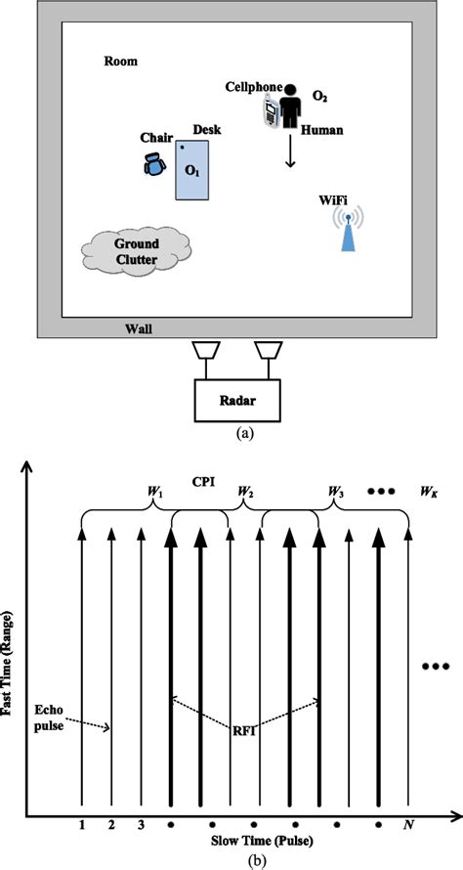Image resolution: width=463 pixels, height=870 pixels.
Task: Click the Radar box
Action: pyautogui.click(x=237, y=400)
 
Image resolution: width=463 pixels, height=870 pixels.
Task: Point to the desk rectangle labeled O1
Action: pyautogui.click(x=192, y=170)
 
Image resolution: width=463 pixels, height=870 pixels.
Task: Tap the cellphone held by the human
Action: pyautogui.click(x=270, y=111)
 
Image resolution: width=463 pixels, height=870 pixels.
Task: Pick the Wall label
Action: pyautogui.click(x=138, y=329)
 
